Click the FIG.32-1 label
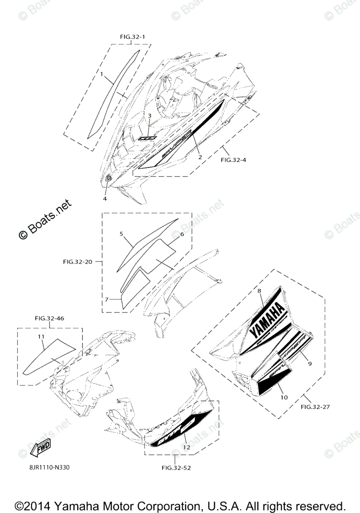(132, 37)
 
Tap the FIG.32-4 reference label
(233, 160)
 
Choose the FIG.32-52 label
(176, 467)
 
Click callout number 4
(105, 198)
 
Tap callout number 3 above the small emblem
(150, 116)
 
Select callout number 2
(200, 156)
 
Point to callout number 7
(107, 299)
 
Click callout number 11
(41, 337)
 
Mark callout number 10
(284, 397)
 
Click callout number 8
(259, 291)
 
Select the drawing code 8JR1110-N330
(47, 467)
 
